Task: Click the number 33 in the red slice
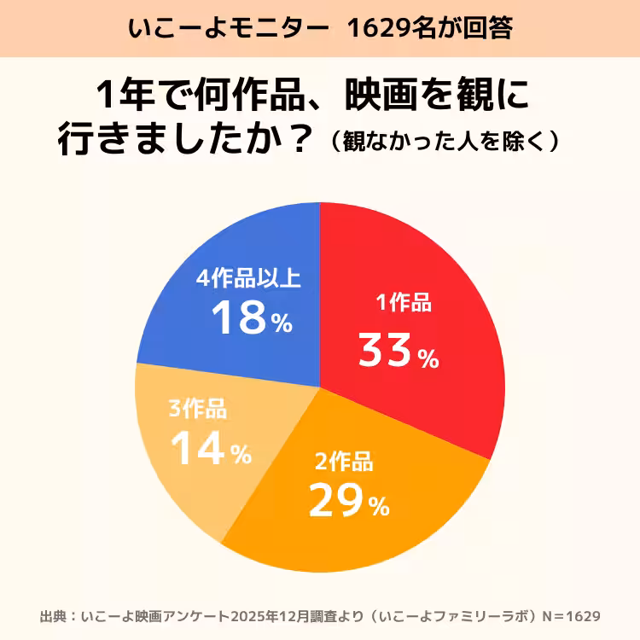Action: pyautogui.click(x=385, y=351)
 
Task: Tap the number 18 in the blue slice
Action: pyautogui.click(x=239, y=318)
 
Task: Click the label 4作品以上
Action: pyautogui.click(x=248, y=278)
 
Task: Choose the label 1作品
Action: pyautogui.click(x=404, y=303)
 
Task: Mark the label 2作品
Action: pyautogui.click(x=343, y=463)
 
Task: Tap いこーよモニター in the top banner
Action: pyautogui.click(x=228, y=28)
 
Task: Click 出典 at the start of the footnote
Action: pyautogui.click(x=52, y=615)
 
